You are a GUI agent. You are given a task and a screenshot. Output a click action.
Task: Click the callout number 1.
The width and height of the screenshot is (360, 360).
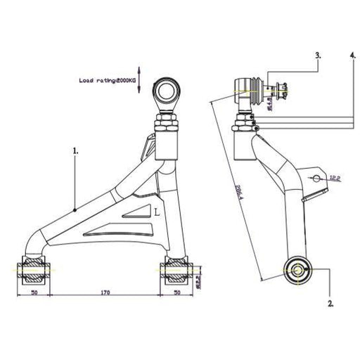(75, 150)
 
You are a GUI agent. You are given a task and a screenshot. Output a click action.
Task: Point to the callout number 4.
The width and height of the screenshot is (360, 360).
(352, 54)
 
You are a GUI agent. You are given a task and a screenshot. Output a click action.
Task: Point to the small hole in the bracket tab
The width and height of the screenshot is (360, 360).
(318, 179)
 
